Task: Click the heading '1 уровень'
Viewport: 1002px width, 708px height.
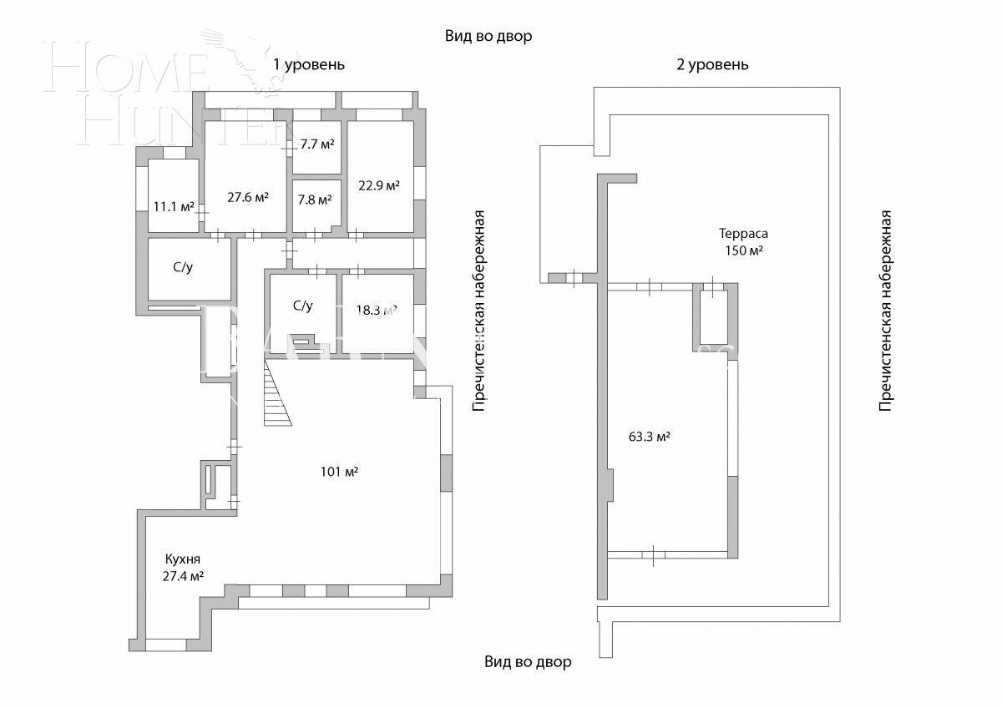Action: (x=308, y=64)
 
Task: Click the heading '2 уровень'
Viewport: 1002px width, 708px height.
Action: (x=712, y=64)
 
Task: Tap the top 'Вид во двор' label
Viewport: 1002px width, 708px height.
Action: (x=488, y=37)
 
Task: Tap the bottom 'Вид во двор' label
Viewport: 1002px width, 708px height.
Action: (x=528, y=662)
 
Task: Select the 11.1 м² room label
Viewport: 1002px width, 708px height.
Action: (x=174, y=207)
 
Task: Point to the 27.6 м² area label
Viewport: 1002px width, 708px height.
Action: (x=248, y=198)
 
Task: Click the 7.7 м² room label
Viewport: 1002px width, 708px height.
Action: (x=316, y=144)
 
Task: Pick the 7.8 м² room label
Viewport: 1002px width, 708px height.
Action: (x=315, y=200)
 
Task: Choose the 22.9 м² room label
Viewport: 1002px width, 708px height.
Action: (x=378, y=185)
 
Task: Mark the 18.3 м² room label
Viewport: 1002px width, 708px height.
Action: (x=377, y=310)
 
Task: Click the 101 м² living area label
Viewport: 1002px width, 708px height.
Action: (x=339, y=472)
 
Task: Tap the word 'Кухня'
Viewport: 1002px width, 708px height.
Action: (x=182, y=559)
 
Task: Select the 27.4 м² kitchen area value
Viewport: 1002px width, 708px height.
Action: (x=184, y=576)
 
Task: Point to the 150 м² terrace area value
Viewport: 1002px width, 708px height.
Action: (x=743, y=250)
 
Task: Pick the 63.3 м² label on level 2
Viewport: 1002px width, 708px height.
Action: (x=650, y=436)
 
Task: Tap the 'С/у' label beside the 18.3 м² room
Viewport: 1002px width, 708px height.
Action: (x=302, y=306)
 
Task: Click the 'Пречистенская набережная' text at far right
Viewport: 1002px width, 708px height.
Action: (x=886, y=310)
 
